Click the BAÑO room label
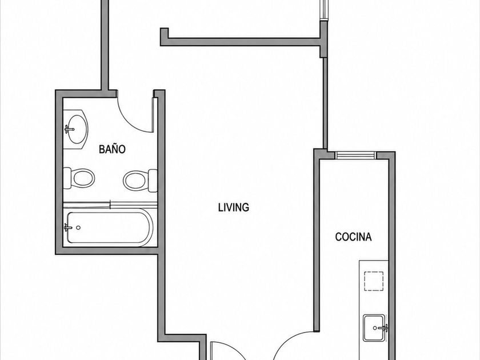[x=112, y=149]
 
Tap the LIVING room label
[x=234, y=207]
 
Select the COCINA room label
[x=353, y=237]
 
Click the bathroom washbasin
[x=76, y=130]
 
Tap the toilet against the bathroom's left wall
[x=79, y=178]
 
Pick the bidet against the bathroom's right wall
[x=140, y=181]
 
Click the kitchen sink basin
[x=374, y=328]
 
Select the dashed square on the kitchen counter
[x=374, y=281]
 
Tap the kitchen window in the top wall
[x=355, y=155]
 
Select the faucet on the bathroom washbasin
[x=69, y=129]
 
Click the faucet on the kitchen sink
[x=383, y=328]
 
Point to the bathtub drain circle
[x=78, y=227]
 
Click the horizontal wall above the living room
[x=241, y=42]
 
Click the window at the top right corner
[x=323, y=10]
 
